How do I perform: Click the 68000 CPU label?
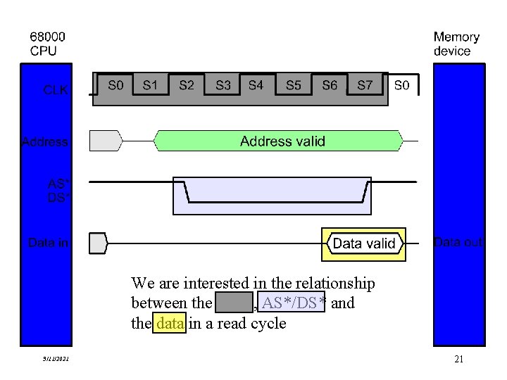tap(44, 44)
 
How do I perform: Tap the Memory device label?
tap(456, 44)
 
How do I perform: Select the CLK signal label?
tap(56, 89)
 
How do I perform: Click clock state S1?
tap(151, 85)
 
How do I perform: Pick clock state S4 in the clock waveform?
tap(256, 85)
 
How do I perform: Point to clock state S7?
tap(365, 85)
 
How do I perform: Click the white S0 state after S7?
tap(401, 85)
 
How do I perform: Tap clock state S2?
tap(187, 85)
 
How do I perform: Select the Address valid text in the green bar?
tap(282, 141)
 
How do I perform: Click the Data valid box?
tap(363, 244)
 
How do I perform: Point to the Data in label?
tap(48, 243)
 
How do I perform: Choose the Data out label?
tap(458, 243)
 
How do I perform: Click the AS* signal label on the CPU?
tap(58, 184)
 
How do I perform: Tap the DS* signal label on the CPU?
tap(58, 198)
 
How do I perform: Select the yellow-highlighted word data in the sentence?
tap(169, 324)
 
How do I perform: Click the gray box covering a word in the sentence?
tap(233, 303)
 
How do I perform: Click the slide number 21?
tap(458, 360)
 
